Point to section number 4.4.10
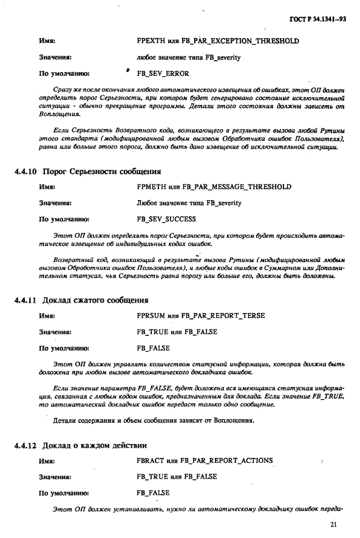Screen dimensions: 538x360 (x=25, y=171)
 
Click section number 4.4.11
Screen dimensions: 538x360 (x=25, y=300)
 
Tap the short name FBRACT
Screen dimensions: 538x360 (x=150, y=461)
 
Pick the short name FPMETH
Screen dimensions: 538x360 (x=151, y=186)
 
